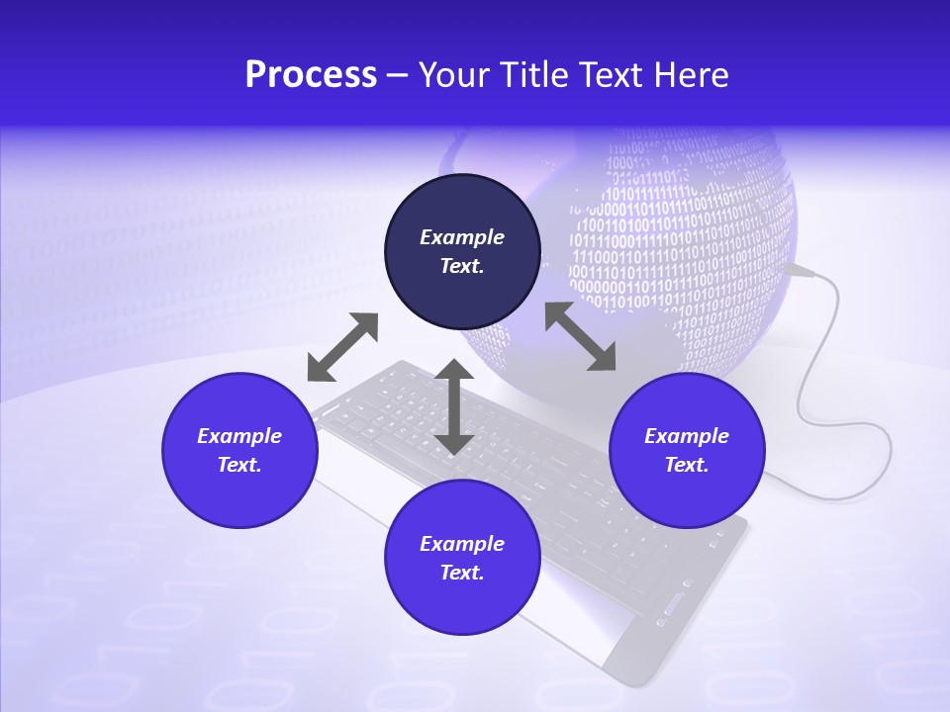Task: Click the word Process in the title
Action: (x=311, y=75)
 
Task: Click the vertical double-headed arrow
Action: (x=454, y=407)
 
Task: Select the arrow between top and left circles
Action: (x=342, y=347)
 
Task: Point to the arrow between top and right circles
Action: (x=580, y=337)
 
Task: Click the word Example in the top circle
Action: (x=462, y=237)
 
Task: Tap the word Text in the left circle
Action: (x=239, y=465)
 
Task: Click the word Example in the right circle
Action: (x=687, y=436)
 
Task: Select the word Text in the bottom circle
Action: (x=462, y=573)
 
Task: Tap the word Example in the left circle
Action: (x=239, y=436)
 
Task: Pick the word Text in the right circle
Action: (x=687, y=465)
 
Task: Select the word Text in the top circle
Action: (x=462, y=266)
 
